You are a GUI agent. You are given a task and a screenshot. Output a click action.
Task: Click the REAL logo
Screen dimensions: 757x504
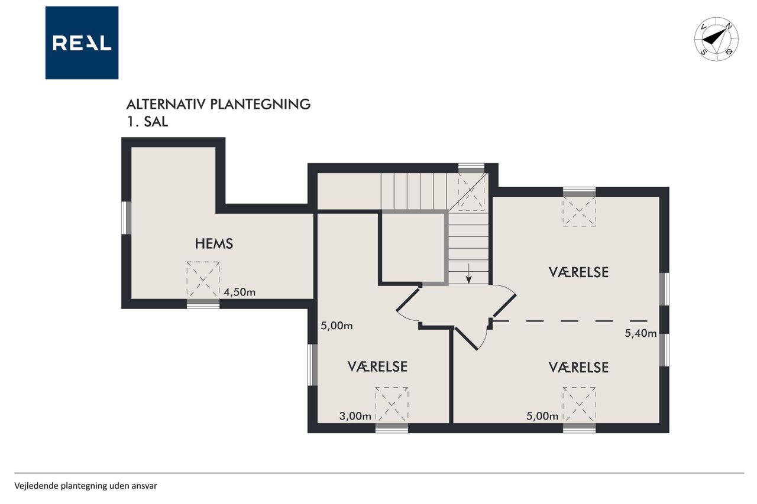pyautogui.click(x=82, y=43)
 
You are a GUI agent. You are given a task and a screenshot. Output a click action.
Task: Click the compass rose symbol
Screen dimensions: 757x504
pyautogui.click(x=716, y=39)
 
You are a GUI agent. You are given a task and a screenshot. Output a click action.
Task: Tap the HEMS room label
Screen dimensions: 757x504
pyautogui.click(x=214, y=244)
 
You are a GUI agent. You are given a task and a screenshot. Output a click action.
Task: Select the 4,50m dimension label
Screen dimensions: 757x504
pyautogui.click(x=240, y=292)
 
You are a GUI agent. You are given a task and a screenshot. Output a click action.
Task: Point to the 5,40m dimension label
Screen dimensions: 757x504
pyautogui.click(x=640, y=333)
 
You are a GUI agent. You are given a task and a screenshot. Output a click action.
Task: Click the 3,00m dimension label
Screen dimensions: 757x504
pyautogui.click(x=355, y=416)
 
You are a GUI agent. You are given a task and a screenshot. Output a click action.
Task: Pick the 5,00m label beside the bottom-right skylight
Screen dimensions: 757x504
pyautogui.click(x=542, y=416)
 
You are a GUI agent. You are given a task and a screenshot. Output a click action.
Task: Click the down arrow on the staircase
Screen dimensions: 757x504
pyautogui.click(x=468, y=274)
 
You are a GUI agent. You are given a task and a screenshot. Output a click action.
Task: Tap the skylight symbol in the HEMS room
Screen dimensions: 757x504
pyautogui.click(x=203, y=280)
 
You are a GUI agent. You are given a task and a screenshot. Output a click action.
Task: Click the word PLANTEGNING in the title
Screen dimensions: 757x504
pyautogui.click(x=260, y=105)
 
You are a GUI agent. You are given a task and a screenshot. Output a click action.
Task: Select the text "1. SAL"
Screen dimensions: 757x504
pyautogui.click(x=147, y=122)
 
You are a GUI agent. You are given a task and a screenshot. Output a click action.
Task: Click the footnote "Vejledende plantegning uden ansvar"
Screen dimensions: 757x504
pyautogui.click(x=86, y=486)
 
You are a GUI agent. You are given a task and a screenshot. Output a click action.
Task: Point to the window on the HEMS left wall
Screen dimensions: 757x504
pyautogui.click(x=127, y=218)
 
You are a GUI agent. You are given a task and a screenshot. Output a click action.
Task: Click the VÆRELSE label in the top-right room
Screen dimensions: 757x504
pyautogui.click(x=578, y=272)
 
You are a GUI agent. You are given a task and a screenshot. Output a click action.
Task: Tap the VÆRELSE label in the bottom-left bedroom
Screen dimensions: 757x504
pyautogui.click(x=377, y=367)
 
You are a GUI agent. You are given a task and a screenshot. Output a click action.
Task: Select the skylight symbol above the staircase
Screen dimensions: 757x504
pyautogui.click(x=471, y=192)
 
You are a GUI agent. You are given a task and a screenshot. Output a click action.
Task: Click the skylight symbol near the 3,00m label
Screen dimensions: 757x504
pyautogui.click(x=392, y=404)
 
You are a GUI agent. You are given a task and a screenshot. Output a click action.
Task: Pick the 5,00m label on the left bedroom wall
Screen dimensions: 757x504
pyautogui.click(x=337, y=326)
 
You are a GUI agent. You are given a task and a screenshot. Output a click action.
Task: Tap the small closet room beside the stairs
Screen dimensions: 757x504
pyautogui.click(x=413, y=247)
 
